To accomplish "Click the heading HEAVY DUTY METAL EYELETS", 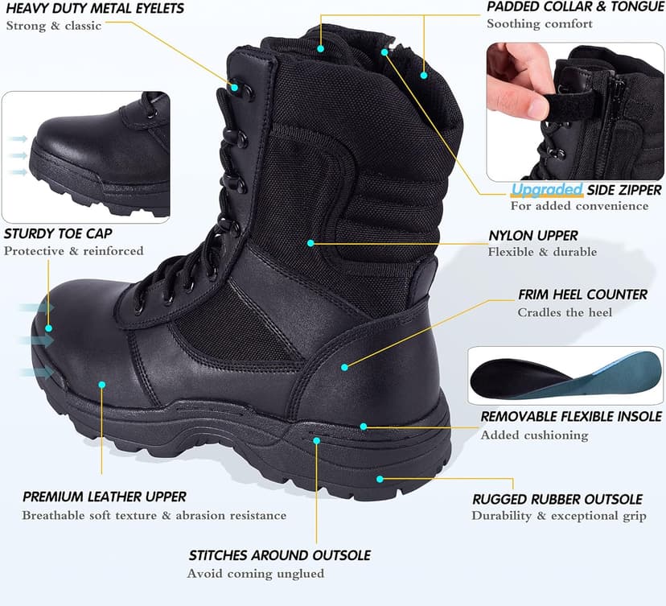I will coord(95,9).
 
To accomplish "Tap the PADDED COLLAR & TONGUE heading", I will coord(575,7).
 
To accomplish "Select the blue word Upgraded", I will coord(547,190).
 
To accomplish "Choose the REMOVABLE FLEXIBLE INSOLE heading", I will coord(571,416).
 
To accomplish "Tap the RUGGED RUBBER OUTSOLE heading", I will coord(557,499).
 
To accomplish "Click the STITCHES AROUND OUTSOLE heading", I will coord(279,555).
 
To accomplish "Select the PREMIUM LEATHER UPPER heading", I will coord(105,497).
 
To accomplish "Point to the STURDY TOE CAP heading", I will coord(58,234).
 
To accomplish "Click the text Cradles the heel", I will coord(565,312).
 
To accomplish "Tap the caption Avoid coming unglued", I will coord(256,574).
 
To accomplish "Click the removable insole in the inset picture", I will coord(563,377).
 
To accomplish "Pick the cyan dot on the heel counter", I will coord(344,367).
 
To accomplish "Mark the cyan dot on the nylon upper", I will coord(310,241).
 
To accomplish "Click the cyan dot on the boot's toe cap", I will coord(49,328).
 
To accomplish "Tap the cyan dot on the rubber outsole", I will coord(380,478).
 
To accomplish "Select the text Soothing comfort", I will coord(540,24).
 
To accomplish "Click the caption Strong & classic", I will coord(54,26).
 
